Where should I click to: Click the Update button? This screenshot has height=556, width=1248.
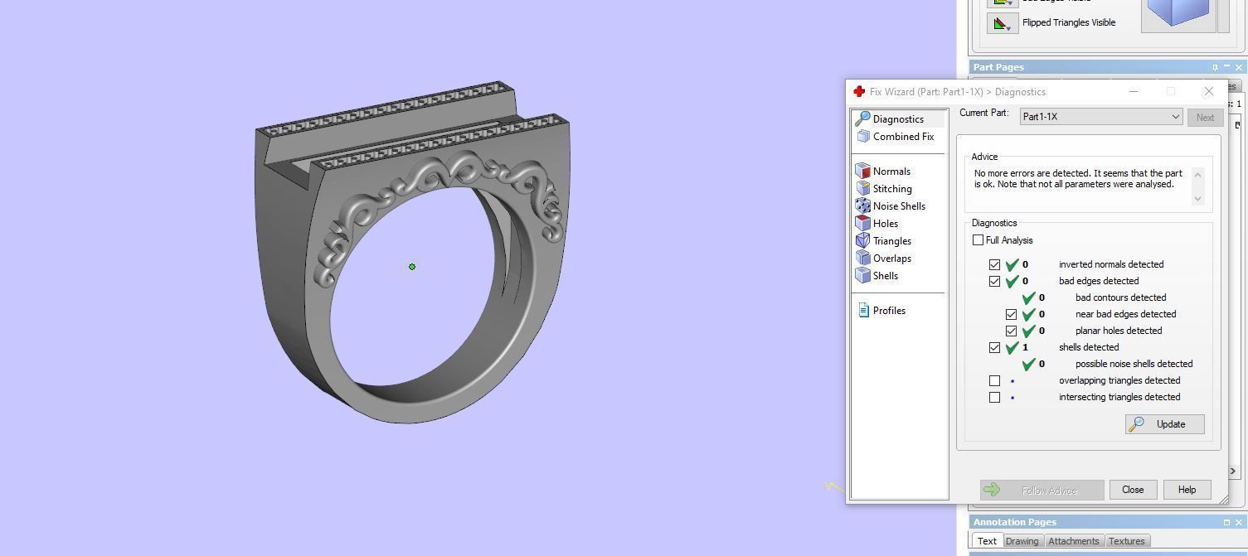tap(1164, 424)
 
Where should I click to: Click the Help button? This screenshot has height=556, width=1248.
tap(1187, 490)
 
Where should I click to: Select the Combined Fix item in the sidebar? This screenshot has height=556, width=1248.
tap(902, 137)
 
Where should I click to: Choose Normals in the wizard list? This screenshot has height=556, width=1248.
tap(891, 172)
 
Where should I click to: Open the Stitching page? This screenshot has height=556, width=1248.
tap(891, 189)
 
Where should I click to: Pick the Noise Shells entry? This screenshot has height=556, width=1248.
tap(898, 206)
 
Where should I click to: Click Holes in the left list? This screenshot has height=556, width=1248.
tap(885, 224)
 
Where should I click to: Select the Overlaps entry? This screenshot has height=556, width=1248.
tap(891, 259)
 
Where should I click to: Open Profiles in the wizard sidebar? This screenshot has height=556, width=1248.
tap(888, 311)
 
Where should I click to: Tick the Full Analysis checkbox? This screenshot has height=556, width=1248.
tap(978, 240)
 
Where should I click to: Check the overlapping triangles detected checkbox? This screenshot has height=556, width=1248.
tap(994, 381)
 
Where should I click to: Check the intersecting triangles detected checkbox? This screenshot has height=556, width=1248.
tap(994, 398)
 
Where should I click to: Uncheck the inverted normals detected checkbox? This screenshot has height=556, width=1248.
tap(994, 265)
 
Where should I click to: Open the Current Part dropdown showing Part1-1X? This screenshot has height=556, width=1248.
tap(1100, 117)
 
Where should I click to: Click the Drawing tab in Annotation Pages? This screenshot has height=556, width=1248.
tap(1022, 541)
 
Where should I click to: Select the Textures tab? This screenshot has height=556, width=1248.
tap(1126, 541)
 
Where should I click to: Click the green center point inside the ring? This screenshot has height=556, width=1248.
tap(412, 267)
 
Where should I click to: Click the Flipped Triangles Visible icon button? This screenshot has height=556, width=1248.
tap(1002, 23)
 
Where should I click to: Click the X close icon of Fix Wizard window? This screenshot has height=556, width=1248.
tap(1208, 91)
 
